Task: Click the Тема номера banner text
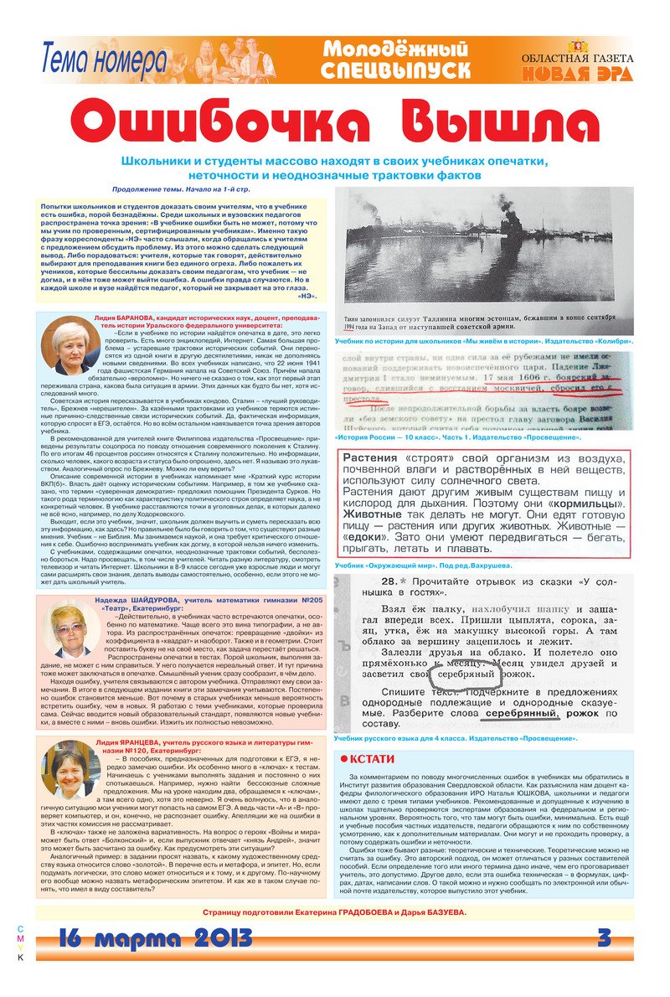click(104, 60)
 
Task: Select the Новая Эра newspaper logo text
click(577, 73)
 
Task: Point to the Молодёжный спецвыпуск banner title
click(395, 60)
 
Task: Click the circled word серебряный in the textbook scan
click(466, 674)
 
